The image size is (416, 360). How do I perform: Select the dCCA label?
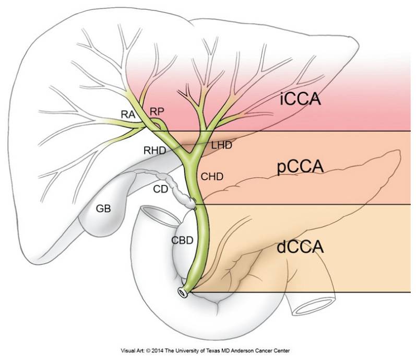[x=301, y=246]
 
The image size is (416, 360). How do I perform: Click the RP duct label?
[x=157, y=111]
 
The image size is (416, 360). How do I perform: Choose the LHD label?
[x=221, y=145]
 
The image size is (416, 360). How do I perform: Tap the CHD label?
[x=212, y=177]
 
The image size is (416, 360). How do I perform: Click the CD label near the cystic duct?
[x=161, y=189]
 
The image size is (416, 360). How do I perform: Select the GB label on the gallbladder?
[x=103, y=209]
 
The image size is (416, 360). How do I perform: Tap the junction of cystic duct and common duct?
[x=195, y=205]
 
